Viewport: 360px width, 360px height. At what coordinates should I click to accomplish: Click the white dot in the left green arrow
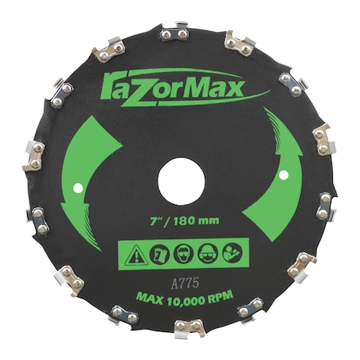78,188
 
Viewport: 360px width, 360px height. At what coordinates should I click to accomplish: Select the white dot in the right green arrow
284,175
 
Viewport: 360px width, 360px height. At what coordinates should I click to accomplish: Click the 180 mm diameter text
196,220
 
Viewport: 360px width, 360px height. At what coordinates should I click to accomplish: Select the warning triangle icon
136,254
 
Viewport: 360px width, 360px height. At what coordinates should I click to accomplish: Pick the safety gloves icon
159,254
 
